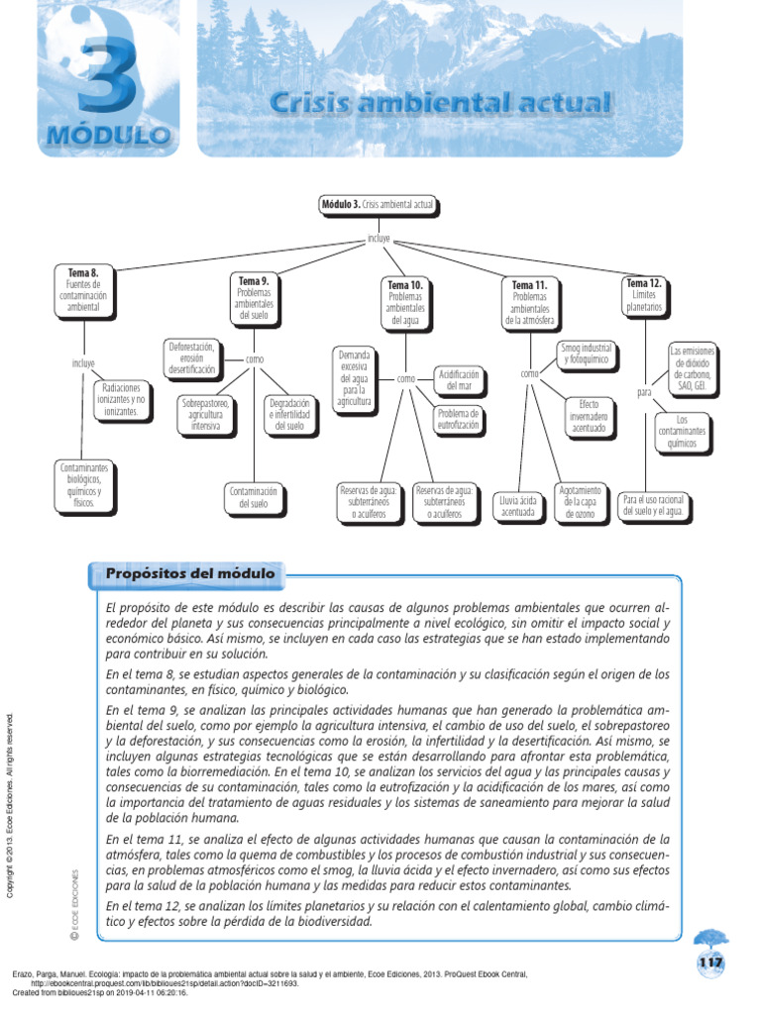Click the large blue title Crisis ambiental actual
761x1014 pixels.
tap(440, 102)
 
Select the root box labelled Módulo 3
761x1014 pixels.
tap(378, 205)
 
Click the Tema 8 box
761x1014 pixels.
tap(83, 289)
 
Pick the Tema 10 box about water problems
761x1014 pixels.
tap(405, 302)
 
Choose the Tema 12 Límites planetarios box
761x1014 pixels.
tap(643, 296)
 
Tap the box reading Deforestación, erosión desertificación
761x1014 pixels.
tap(192, 357)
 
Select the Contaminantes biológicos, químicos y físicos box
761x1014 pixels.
tap(84, 484)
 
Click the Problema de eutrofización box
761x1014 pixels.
tap(459, 419)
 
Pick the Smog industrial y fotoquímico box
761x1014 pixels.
tap(587, 354)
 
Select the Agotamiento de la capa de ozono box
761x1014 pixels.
tap(580, 502)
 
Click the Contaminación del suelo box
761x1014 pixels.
tap(254, 497)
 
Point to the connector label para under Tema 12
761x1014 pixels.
tap(644, 392)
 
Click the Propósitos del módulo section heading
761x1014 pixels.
tap(189, 574)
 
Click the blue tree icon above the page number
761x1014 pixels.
tap(710, 939)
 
